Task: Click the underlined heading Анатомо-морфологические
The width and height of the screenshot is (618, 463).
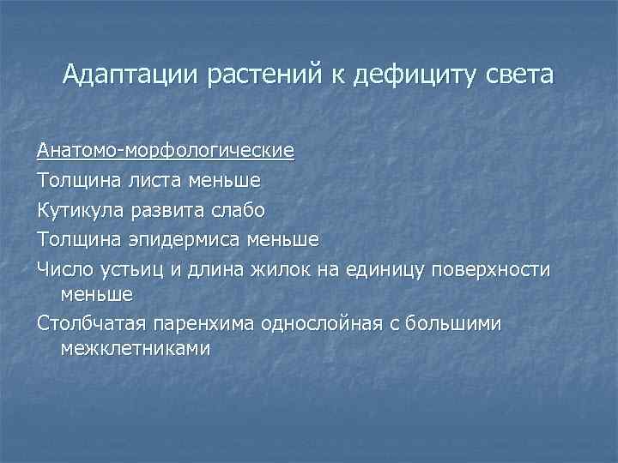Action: pyautogui.click(x=165, y=152)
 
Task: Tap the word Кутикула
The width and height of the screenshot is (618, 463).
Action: pyautogui.click(x=79, y=209)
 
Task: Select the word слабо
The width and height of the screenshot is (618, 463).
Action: pyautogui.click(x=241, y=209)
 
